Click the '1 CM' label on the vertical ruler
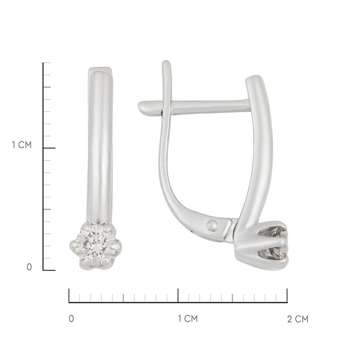tap(22, 145)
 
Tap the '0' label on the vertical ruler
tap(29, 267)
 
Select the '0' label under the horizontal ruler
tap(71, 319)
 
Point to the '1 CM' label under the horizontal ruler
tap(188, 319)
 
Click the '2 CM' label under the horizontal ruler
tap(298, 319)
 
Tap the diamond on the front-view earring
tap(95, 246)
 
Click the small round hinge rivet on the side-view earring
tap(212, 226)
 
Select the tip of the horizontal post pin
tap(139, 106)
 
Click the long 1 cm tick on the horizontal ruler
tap(178, 295)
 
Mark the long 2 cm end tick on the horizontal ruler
tap(287, 295)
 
